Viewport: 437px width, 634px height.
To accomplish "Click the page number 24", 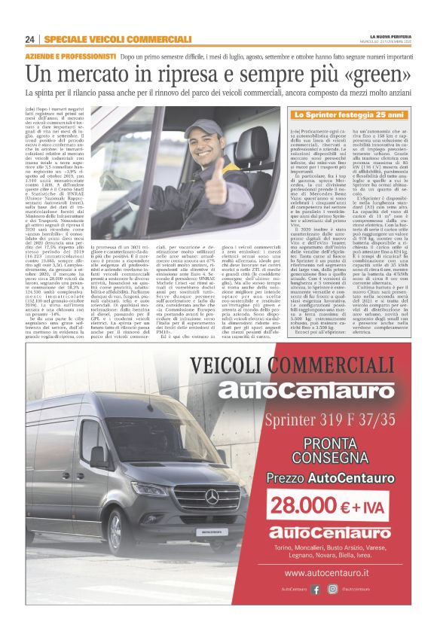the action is pos(29,39).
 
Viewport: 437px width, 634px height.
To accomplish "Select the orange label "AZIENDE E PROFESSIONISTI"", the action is pos(72,57).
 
